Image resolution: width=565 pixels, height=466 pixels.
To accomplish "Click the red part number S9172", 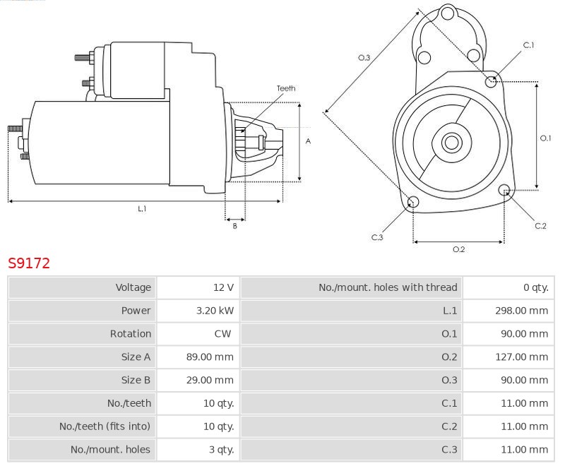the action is click(29, 263).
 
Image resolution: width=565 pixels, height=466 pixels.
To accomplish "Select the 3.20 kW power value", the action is click(215, 311).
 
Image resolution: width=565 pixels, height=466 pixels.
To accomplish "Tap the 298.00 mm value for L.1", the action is click(521, 311).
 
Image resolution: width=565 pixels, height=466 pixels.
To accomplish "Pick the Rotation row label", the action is click(131, 334).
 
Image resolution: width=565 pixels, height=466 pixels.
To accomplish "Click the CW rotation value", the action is click(222, 334).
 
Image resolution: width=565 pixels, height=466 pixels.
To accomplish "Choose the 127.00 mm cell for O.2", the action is click(521, 357).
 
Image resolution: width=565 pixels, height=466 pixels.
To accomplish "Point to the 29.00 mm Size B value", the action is click(210, 380).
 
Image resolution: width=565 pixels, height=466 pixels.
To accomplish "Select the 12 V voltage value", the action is click(223, 287).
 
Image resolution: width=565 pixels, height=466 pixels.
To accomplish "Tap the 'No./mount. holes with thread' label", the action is click(388, 287).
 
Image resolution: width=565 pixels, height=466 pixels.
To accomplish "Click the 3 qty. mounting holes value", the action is click(221, 450).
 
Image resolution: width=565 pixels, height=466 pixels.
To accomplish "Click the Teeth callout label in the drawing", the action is click(286, 88).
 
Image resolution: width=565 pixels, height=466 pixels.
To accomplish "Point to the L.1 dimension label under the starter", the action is click(142, 208).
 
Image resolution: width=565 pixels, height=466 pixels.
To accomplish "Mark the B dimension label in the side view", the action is click(235, 226).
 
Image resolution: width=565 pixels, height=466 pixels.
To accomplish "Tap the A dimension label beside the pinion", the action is click(308, 141).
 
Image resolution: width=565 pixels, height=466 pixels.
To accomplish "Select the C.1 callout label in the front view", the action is click(528, 45).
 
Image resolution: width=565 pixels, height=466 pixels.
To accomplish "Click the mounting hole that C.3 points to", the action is click(413, 202).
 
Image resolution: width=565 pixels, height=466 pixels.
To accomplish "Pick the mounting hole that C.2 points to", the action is click(504, 190).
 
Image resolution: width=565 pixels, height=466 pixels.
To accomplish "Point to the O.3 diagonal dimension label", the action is click(364, 58).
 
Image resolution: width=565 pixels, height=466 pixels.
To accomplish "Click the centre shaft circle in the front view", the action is click(451, 143).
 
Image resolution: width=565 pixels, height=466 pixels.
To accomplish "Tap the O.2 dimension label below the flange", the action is click(458, 249).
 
